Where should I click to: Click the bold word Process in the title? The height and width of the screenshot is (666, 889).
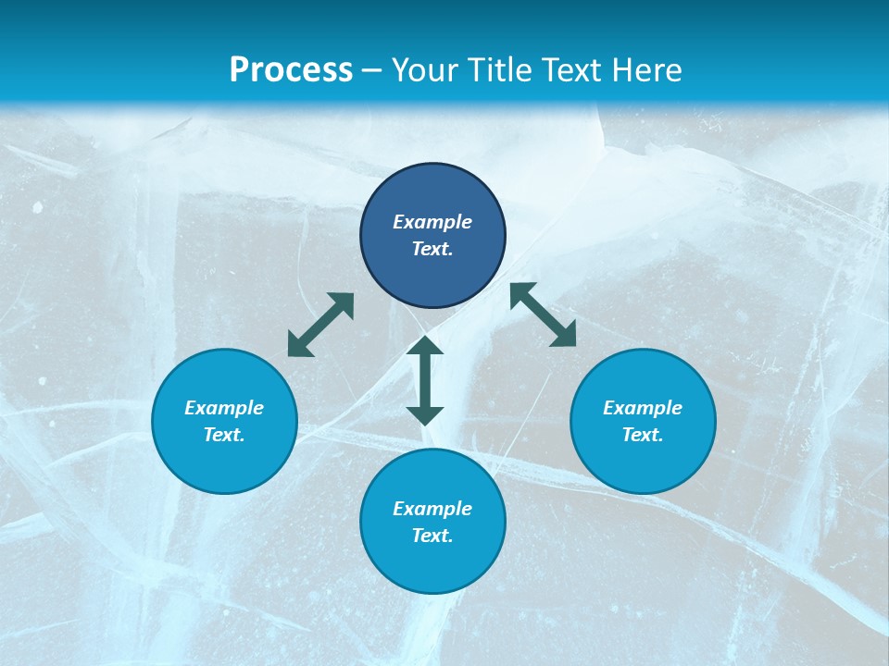click(291, 70)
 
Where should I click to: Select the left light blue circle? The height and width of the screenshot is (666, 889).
click(224, 462)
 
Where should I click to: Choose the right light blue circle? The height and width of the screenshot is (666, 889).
click(643, 462)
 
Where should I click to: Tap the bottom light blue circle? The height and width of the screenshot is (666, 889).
click(432, 564)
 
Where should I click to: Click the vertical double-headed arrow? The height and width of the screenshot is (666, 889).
click(425, 380)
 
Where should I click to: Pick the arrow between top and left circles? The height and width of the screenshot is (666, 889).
click(320, 325)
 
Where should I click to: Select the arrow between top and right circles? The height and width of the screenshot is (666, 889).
click(544, 314)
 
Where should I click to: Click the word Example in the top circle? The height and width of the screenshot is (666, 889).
click(432, 222)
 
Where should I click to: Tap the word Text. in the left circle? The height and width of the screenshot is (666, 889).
click(224, 435)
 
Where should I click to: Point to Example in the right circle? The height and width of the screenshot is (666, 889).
click(643, 408)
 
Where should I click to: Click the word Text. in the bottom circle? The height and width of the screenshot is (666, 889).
click(432, 536)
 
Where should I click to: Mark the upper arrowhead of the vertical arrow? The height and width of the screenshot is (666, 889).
click(425, 346)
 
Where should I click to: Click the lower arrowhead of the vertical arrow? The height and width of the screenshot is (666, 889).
click(425, 415)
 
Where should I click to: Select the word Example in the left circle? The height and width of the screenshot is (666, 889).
click(224, 408)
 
